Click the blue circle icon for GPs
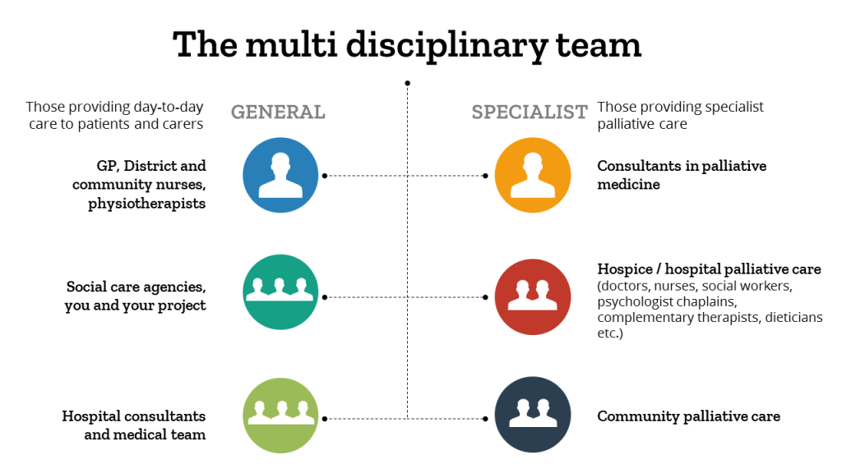(280, 175)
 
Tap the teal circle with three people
(280, 292)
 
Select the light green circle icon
(280, 416)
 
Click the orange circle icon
(533, 175)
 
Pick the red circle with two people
(533, 296)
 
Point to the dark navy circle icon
(533, 416)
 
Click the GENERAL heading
(278, 113)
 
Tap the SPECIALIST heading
(530, 113)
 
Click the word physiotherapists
(147, 204)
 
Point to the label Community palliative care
(688, 416)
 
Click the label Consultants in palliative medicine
(682, 175)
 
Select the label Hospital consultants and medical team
(134, 425)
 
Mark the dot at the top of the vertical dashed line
(407, 83)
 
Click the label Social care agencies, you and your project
(136, 296)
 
